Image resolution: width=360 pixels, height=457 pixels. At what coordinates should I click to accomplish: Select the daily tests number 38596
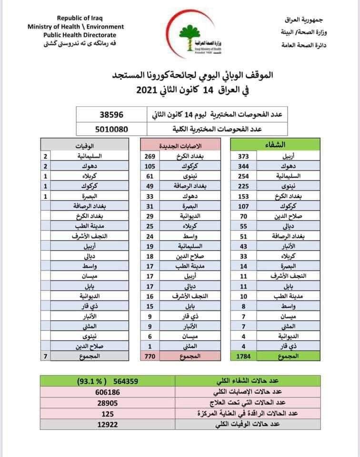coord(111,115)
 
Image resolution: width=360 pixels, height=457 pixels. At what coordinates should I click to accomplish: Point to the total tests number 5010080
coord(111,128)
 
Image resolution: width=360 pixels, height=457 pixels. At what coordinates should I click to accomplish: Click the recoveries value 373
coord(242,156)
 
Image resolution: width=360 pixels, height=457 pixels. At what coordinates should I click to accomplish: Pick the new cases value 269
coord(150,156)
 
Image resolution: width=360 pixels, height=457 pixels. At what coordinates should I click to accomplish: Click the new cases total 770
coord(150,355)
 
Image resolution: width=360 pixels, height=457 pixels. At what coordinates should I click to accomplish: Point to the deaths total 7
coord(46,355)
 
